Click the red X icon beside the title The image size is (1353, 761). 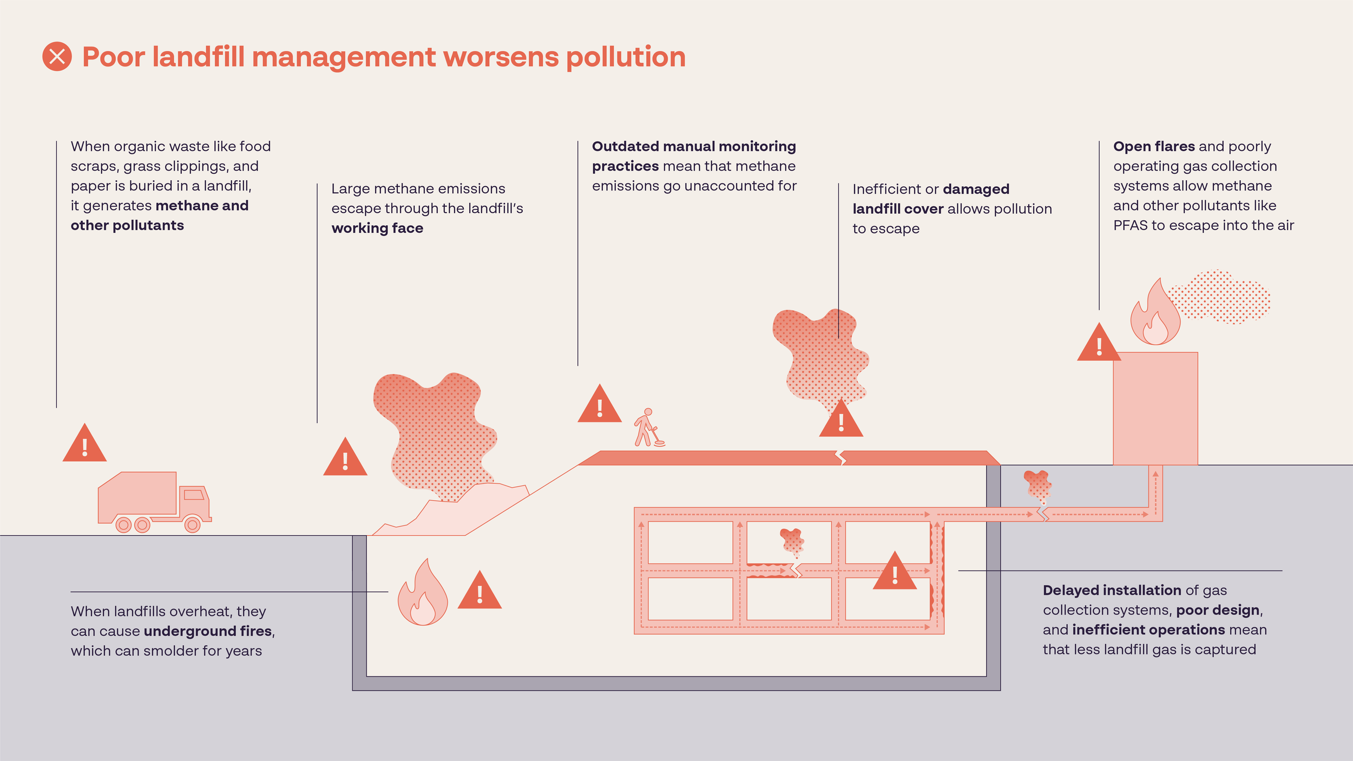(57, 56)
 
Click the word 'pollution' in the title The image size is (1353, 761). (626, 57)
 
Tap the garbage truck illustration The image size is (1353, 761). (154, 502)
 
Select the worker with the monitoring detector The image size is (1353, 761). (648, 428)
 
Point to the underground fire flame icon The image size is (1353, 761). (422, 594)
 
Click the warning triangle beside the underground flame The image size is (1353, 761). (480, 592)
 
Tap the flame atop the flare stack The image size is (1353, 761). (1155, 314)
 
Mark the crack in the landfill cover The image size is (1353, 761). (840, 458)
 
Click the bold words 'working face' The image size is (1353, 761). (377, 228)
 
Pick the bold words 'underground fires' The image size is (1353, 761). (208, 631)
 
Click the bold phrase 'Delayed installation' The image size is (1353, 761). (1112, 591)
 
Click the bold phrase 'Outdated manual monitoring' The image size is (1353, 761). (694, 147)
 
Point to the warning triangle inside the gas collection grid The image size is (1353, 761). (895, 573)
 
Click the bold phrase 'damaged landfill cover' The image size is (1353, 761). (931, 199)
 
